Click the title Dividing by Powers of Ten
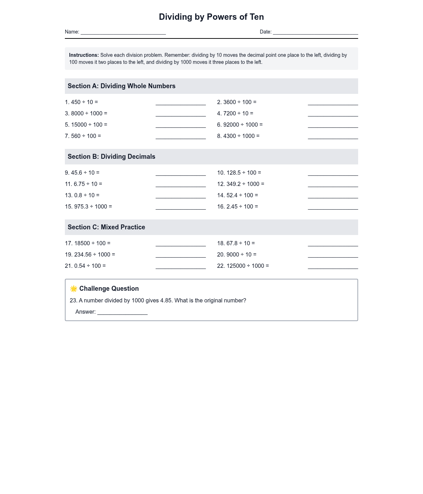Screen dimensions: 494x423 pos(211,17)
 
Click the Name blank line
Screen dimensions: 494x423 pos(123,32)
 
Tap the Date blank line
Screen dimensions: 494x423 pos(315,32)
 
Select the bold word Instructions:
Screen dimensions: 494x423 pos(84,55)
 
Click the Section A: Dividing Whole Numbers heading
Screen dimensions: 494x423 pos(122,86)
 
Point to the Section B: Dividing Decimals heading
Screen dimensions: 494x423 pos(111,157)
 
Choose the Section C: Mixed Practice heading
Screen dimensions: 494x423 pos(106,227)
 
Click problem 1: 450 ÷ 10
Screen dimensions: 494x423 pos(81,102)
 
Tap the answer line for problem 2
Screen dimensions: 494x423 pos(333,103)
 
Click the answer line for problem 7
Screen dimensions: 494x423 pos(180,137)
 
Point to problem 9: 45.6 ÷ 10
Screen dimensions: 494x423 pos(82,173)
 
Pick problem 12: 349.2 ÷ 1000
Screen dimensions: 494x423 pos(241,184)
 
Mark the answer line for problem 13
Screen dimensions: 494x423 pos(180,197)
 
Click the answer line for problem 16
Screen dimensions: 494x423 pos(333,208)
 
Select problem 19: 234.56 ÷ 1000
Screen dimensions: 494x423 pos(90,255)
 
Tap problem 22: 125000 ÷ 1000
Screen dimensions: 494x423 pos(243,266)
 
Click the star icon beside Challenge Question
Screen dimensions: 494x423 pos(74,289)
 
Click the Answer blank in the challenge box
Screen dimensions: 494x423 pos(122,313)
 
